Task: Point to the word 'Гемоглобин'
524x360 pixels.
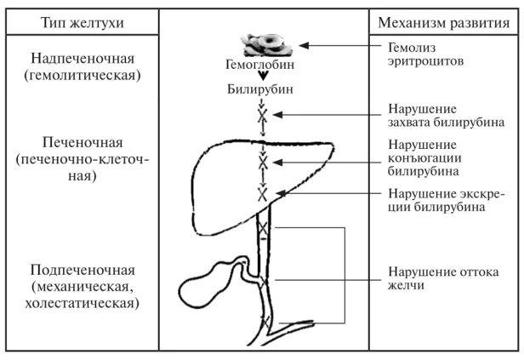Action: [262, 64]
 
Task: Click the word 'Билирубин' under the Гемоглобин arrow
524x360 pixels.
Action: [262, 89]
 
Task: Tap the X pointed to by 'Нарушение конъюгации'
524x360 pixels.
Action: [263, 159]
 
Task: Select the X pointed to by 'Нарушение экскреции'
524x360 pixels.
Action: [263, 194]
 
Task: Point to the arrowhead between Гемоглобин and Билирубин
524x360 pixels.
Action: [263, 75]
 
